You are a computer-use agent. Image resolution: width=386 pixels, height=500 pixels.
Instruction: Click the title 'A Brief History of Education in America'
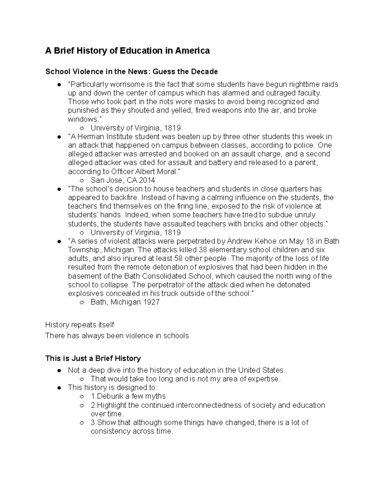point(127,51)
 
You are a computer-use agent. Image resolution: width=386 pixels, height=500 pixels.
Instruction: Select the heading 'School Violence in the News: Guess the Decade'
point(132,71)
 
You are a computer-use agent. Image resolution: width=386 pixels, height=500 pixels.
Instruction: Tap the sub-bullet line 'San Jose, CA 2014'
point(123,180)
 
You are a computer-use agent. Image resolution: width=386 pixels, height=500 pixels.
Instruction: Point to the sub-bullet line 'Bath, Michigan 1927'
point(125,302)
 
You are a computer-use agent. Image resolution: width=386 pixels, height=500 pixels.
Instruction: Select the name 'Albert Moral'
point(158,171)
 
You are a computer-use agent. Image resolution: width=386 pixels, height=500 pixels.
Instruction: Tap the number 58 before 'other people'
point(179,259)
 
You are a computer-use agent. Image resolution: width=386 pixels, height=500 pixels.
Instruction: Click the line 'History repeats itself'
point(79,325)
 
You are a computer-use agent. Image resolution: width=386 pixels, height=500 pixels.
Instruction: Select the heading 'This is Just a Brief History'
point(93,358)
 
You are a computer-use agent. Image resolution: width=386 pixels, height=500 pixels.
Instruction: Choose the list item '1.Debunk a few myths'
point(128,396)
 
